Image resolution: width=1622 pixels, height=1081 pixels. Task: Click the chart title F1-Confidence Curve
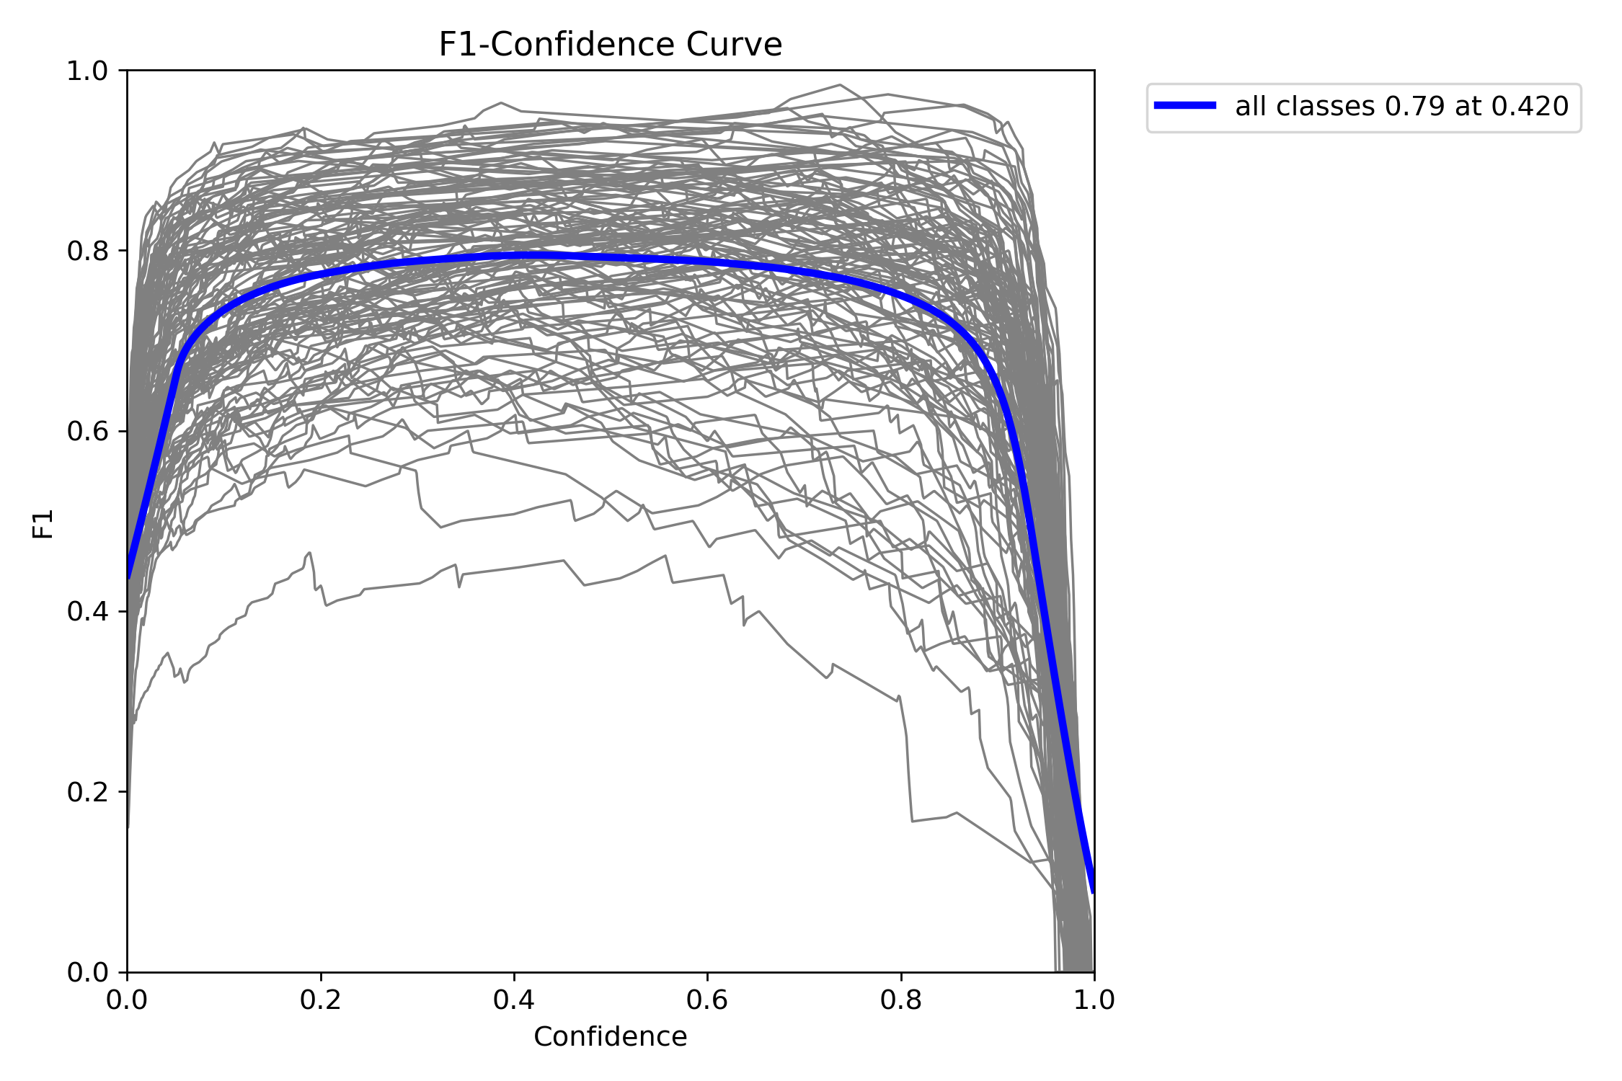[x=610, y=45]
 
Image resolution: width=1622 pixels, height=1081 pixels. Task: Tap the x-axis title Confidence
[x=610, y=1036]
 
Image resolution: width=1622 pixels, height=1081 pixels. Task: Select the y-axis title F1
[x=43, y=524]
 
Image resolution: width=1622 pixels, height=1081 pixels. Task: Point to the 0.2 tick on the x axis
[x=321, y=1000]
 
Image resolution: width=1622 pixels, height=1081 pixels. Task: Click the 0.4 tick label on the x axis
[x=514, y=1000]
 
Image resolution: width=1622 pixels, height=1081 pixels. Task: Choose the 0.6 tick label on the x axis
[x=707, y=1000]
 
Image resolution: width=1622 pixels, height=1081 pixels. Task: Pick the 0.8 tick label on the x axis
[x=901, y=1000]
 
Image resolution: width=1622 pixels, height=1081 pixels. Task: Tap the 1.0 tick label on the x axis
[x=1094, y=1000]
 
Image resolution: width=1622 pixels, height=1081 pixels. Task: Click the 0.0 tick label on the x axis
[x=128, y=1000]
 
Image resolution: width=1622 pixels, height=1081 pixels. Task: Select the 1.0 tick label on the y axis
[x=87, y=71]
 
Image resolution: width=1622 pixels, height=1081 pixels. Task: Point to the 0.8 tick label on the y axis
[x=87, y=252]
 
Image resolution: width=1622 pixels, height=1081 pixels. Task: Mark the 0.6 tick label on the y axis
[x=87, y=432]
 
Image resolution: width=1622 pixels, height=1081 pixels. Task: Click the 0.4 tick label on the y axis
[x=87, y=612]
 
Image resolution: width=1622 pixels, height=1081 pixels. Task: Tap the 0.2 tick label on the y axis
[x=87, y=792]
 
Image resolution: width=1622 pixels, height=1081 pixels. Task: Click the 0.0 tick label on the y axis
[x=87, y=972]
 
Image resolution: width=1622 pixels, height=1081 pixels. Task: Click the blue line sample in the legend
[x=1185, y=106]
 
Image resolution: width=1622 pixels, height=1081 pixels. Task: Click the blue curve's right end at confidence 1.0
[x=1093, y=891]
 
